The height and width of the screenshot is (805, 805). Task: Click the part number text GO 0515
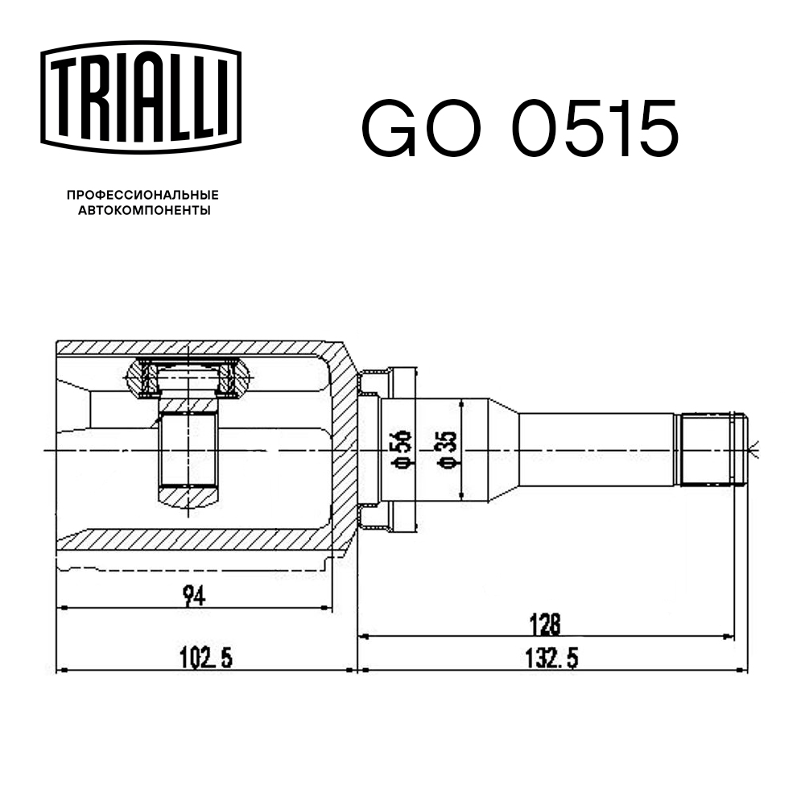(x=519, y=129)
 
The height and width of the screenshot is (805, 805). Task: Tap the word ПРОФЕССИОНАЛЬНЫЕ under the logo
(x=142, y=196)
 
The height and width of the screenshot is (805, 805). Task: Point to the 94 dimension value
(x=192, y=597)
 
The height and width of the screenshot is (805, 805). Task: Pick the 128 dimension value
(x=545, y=624)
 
